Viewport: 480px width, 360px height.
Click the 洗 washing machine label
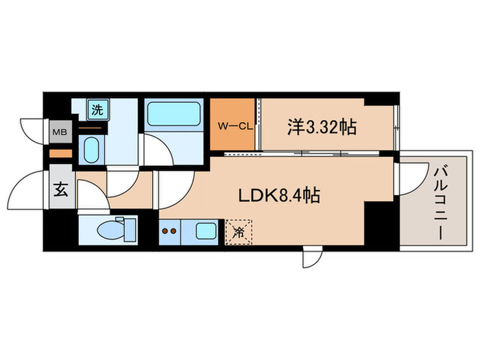[98, 108]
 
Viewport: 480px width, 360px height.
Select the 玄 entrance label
[60, 191]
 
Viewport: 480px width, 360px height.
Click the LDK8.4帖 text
[278, 195]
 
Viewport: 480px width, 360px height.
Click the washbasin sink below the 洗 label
[91, 147]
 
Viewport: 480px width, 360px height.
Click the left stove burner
[165, 232]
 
